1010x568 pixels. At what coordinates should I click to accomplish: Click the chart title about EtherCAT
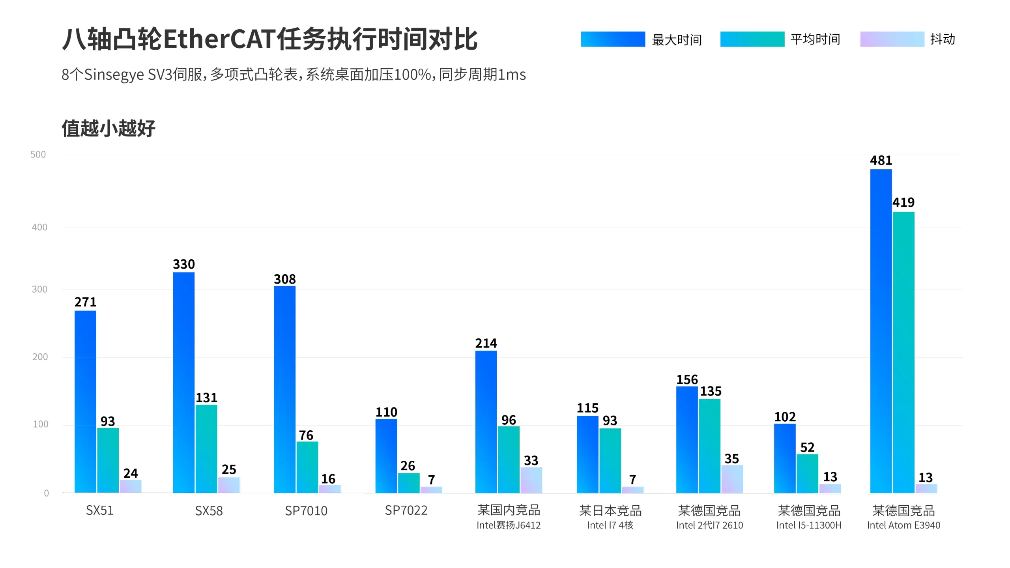pos(270,39)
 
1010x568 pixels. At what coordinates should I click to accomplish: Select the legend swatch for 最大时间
pos(613,39)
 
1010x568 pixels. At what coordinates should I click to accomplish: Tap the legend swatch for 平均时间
pos(752,39)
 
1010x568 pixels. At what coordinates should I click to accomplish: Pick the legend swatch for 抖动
pos(892,39)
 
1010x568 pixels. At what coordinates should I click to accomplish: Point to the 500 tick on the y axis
pos(38,155)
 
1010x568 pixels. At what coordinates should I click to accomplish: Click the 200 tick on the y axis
pos(40,357)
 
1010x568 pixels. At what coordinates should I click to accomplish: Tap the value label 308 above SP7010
pos(284,279)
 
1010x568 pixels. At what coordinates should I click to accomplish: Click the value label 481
pos(881,161)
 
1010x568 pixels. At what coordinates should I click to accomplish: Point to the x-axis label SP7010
pos(306,511)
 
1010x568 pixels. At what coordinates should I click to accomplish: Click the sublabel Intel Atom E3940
pos(903,525)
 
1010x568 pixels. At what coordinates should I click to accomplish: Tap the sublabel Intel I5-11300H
pos(809,525)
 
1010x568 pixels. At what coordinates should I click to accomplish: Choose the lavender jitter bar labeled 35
pos(732,479)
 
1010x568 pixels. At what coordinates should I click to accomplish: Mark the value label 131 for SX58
pos(206,398)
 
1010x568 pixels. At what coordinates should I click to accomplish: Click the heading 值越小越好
pos(108,128)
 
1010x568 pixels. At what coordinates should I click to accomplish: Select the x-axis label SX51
pos(100,510)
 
